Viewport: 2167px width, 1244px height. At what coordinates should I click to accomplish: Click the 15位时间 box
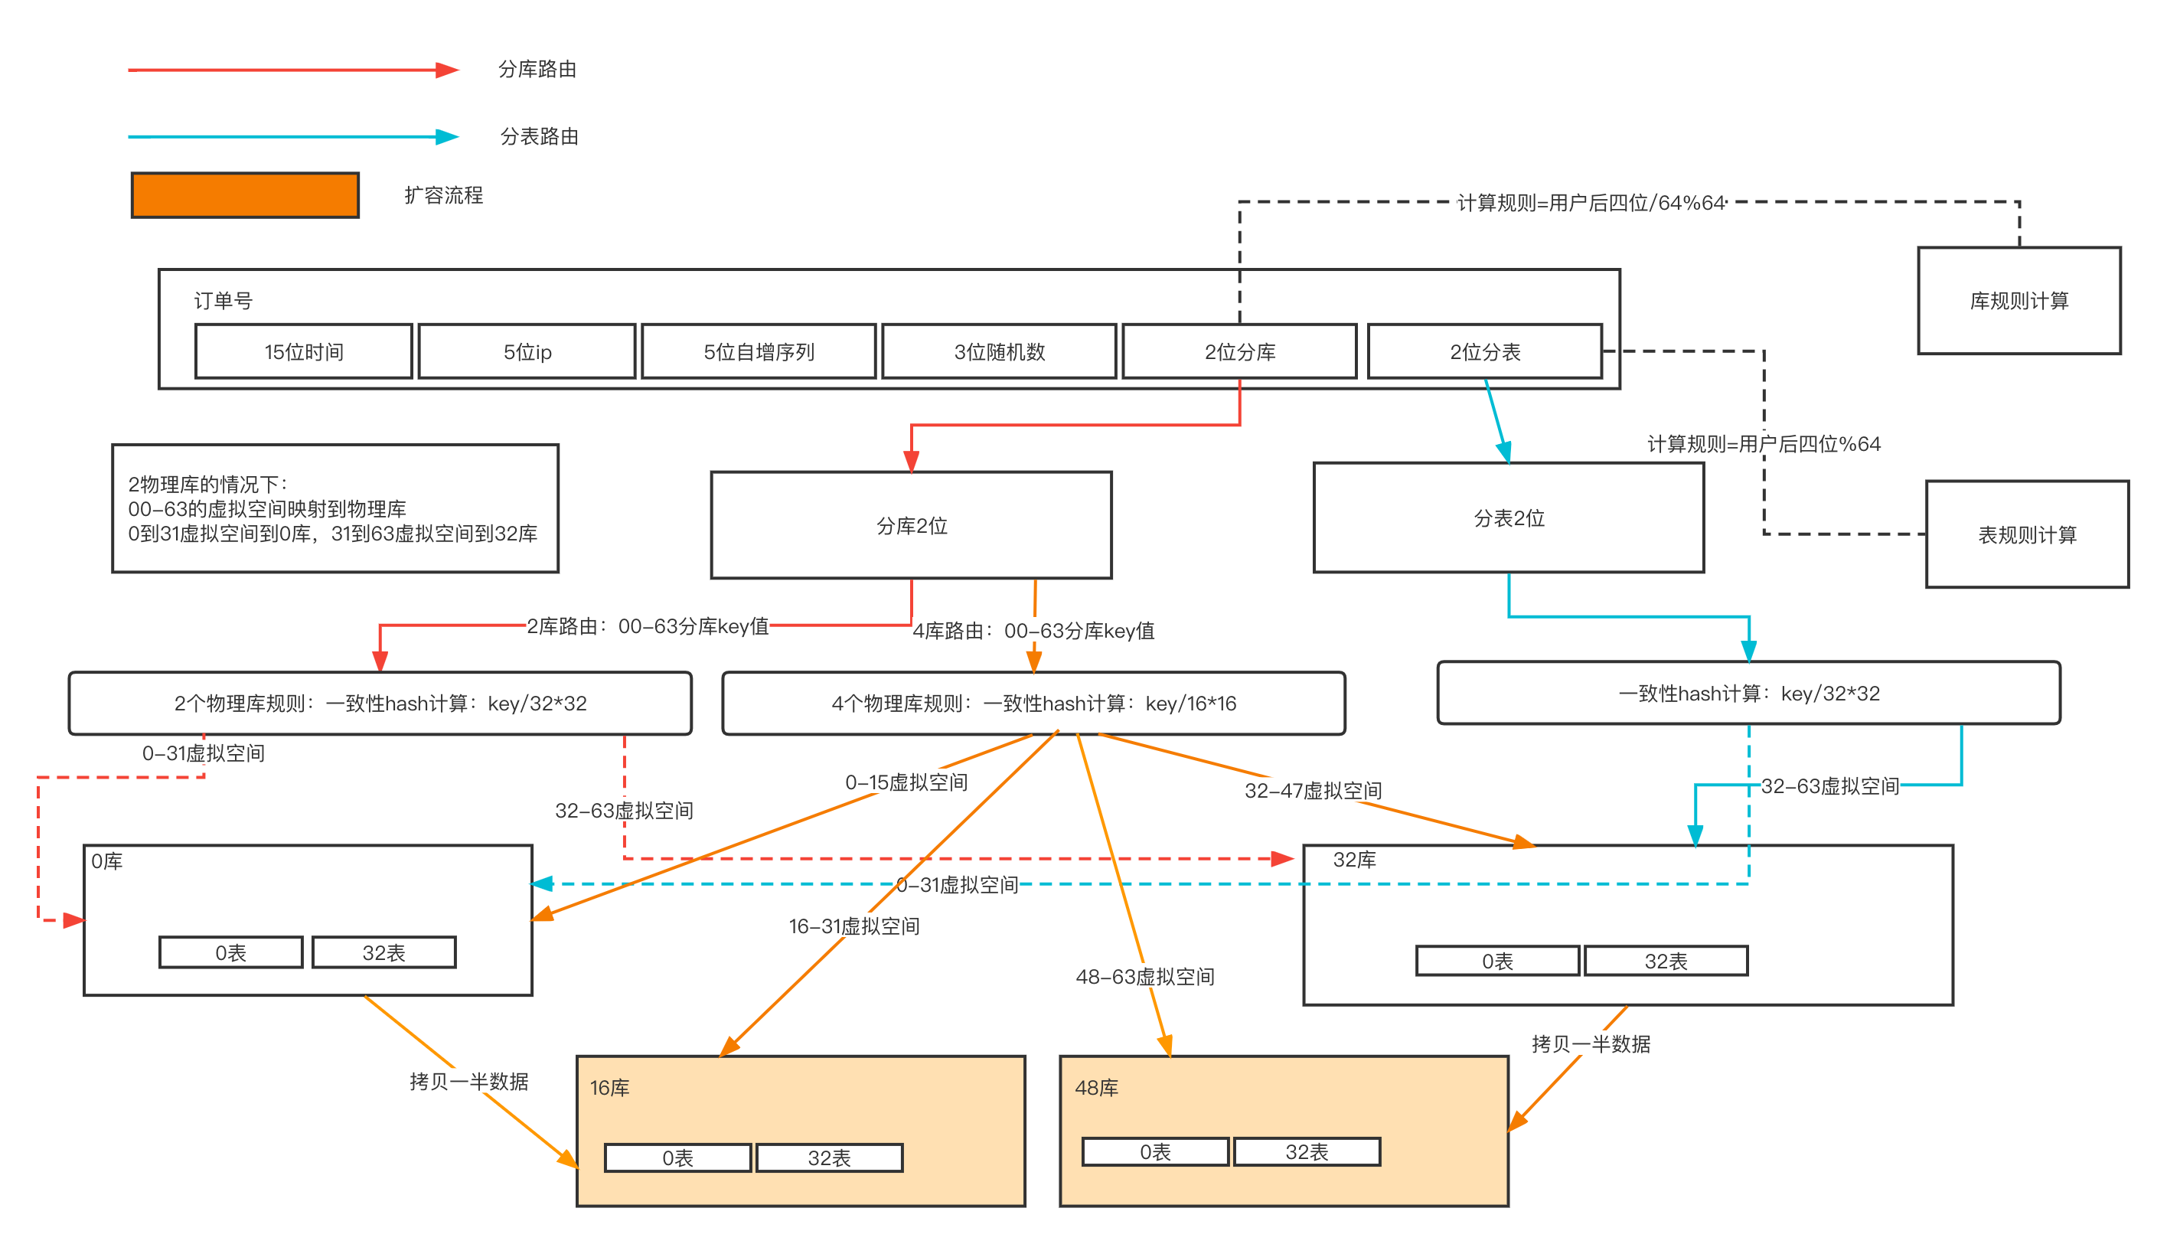click(303, 351)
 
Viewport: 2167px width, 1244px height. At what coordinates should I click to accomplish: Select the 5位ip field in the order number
click(527, 351)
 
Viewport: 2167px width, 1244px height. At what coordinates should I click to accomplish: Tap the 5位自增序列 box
click(759, 351)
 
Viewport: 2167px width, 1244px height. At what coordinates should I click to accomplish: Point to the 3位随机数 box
click(998, 351)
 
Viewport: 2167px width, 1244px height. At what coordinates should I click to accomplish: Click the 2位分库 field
click(1239, 351)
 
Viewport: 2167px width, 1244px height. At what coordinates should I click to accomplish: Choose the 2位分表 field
click(1484, 351)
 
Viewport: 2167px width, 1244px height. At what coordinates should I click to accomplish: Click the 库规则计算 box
click(2019, 301)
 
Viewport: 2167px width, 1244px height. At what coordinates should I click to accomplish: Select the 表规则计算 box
click(2027, 535)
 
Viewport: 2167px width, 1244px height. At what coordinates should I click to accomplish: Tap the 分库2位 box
click(912, 525)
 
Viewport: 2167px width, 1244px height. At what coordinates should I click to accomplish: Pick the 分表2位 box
click(1509, 518)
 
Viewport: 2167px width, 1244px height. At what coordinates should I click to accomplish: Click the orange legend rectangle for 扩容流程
click(245, 194)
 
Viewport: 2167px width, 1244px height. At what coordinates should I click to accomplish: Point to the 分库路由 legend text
click(537, 69)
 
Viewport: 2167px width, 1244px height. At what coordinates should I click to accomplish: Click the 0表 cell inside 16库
click(677, 1157)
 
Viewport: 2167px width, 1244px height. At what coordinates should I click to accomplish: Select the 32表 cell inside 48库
click(1307, 1151)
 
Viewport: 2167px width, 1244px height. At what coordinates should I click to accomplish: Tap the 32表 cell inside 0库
click(383, 952)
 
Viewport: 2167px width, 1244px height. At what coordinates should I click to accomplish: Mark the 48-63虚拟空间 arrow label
click(1144, 976)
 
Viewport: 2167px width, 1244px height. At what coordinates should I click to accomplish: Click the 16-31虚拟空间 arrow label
click(853, 926)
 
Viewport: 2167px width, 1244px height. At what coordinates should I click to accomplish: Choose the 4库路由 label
click(1033, 631)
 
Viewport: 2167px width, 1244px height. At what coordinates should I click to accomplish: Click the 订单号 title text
click(223, 301)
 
